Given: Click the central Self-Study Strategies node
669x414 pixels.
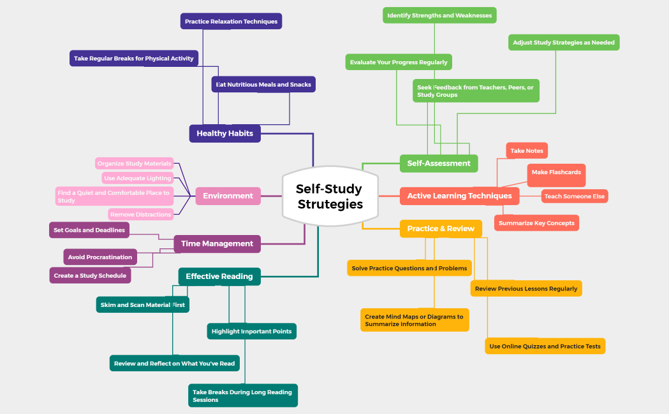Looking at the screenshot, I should (329, 196).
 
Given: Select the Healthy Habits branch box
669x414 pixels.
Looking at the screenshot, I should (224, 134).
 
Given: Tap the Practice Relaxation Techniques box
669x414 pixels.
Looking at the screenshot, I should (231, 22).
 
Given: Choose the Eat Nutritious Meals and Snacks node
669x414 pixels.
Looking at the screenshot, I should (263, 85).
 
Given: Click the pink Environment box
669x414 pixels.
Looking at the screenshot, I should (228, 196).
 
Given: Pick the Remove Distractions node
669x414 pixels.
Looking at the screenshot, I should (141, 215).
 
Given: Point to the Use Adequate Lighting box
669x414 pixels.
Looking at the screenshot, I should (138, 178).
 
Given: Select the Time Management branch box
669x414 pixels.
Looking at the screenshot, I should (217, 244).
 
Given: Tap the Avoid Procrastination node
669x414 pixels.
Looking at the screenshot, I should (100, 257).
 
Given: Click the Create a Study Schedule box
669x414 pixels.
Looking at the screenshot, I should (90, 276).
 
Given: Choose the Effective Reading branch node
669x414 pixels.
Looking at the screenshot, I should (219, 276).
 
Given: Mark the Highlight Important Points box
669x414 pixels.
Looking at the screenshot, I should (251, 331).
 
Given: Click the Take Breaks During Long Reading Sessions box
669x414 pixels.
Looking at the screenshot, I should (242, 396).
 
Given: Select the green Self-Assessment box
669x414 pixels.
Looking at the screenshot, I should (439, 163).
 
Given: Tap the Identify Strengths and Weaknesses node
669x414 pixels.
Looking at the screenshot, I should (439, 15).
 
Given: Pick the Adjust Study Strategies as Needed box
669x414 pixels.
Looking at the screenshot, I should (564, 43).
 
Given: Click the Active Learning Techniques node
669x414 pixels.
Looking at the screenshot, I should (459, 196).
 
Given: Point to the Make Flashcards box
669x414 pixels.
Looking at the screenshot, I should (556, 173).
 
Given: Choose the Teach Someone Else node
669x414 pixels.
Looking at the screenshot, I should (575, 196).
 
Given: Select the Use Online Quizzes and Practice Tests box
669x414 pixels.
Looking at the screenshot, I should (545, 346).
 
